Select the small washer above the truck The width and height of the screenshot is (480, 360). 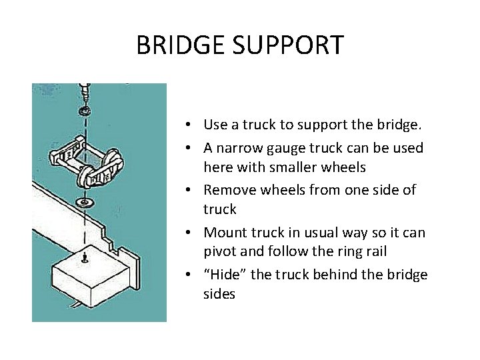click(x=85, y=109)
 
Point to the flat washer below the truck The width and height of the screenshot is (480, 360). click(x=85, y=201)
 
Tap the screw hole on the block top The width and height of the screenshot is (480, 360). click(x=85, y=257)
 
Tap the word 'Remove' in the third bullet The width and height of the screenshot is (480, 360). click(x=229, y=189)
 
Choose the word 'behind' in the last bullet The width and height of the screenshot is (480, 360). click(x=339, y=275)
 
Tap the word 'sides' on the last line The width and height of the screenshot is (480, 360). click(x=219, y=294)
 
